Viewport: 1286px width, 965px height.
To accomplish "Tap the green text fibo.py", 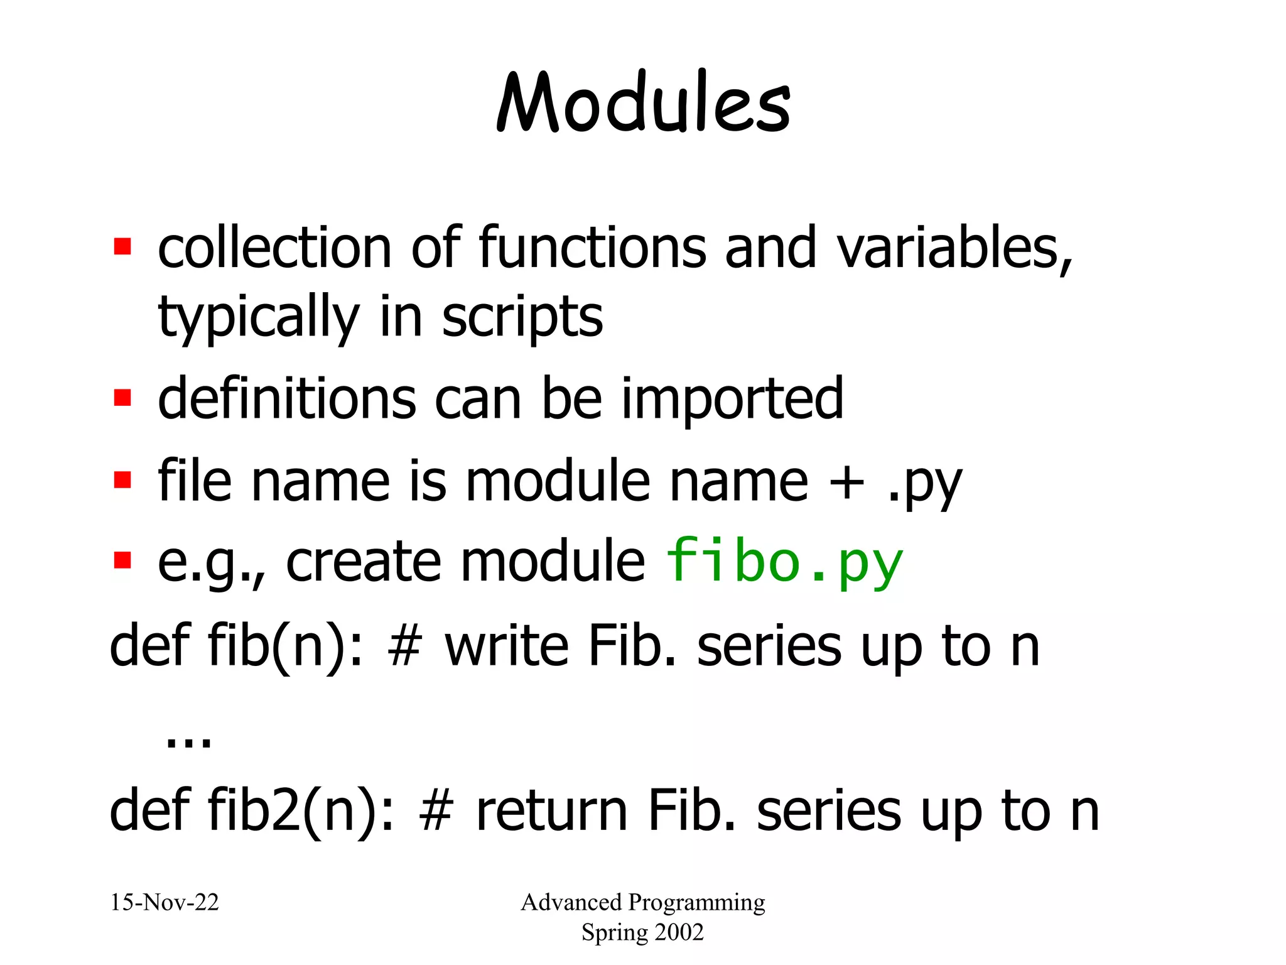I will (783, 562).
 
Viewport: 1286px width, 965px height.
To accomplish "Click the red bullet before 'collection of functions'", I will (122, 246).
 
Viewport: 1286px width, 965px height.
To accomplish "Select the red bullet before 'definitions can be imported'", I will (122, 398).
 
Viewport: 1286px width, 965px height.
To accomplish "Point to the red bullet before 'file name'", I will (122, 480).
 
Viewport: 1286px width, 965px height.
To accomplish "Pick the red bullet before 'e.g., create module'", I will (122, 560).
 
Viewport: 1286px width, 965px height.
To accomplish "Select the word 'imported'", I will (732, 399).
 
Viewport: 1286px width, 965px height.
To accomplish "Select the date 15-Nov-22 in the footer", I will (165, 903).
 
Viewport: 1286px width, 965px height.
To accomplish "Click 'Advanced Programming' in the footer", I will (643, 903).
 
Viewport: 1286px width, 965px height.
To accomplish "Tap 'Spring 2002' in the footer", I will (642, 932).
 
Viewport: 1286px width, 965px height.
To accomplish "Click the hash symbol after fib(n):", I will (403, 647).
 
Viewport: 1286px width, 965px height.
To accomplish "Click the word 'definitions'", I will (287, 399).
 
